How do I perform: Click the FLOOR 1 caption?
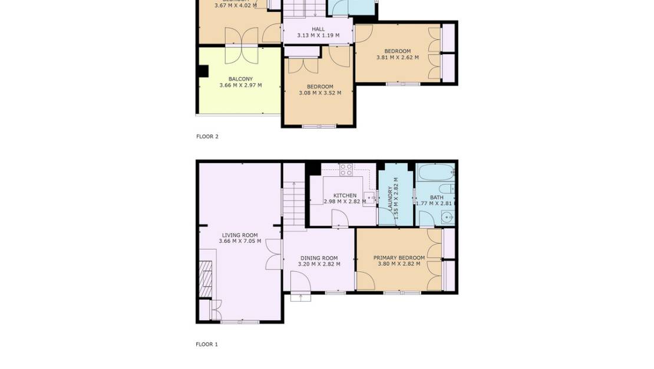[x=207, y=344]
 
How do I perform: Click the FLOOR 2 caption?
[x=207, y=136]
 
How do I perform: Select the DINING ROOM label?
[x=319, y=258]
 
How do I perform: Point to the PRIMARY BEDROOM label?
[x=399, y=258]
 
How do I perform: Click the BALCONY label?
[x=240, y=79]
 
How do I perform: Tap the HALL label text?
[x=318, y=29]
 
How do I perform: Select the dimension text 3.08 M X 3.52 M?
[x=320, y=93]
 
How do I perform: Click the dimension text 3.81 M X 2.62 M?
[x=398, y=57]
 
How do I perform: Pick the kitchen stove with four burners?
[x=346, y=170]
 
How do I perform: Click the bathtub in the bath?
[x=435, y=173]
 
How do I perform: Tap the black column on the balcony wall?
[x=203, y=71]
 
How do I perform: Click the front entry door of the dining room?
[x=300, y=294]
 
